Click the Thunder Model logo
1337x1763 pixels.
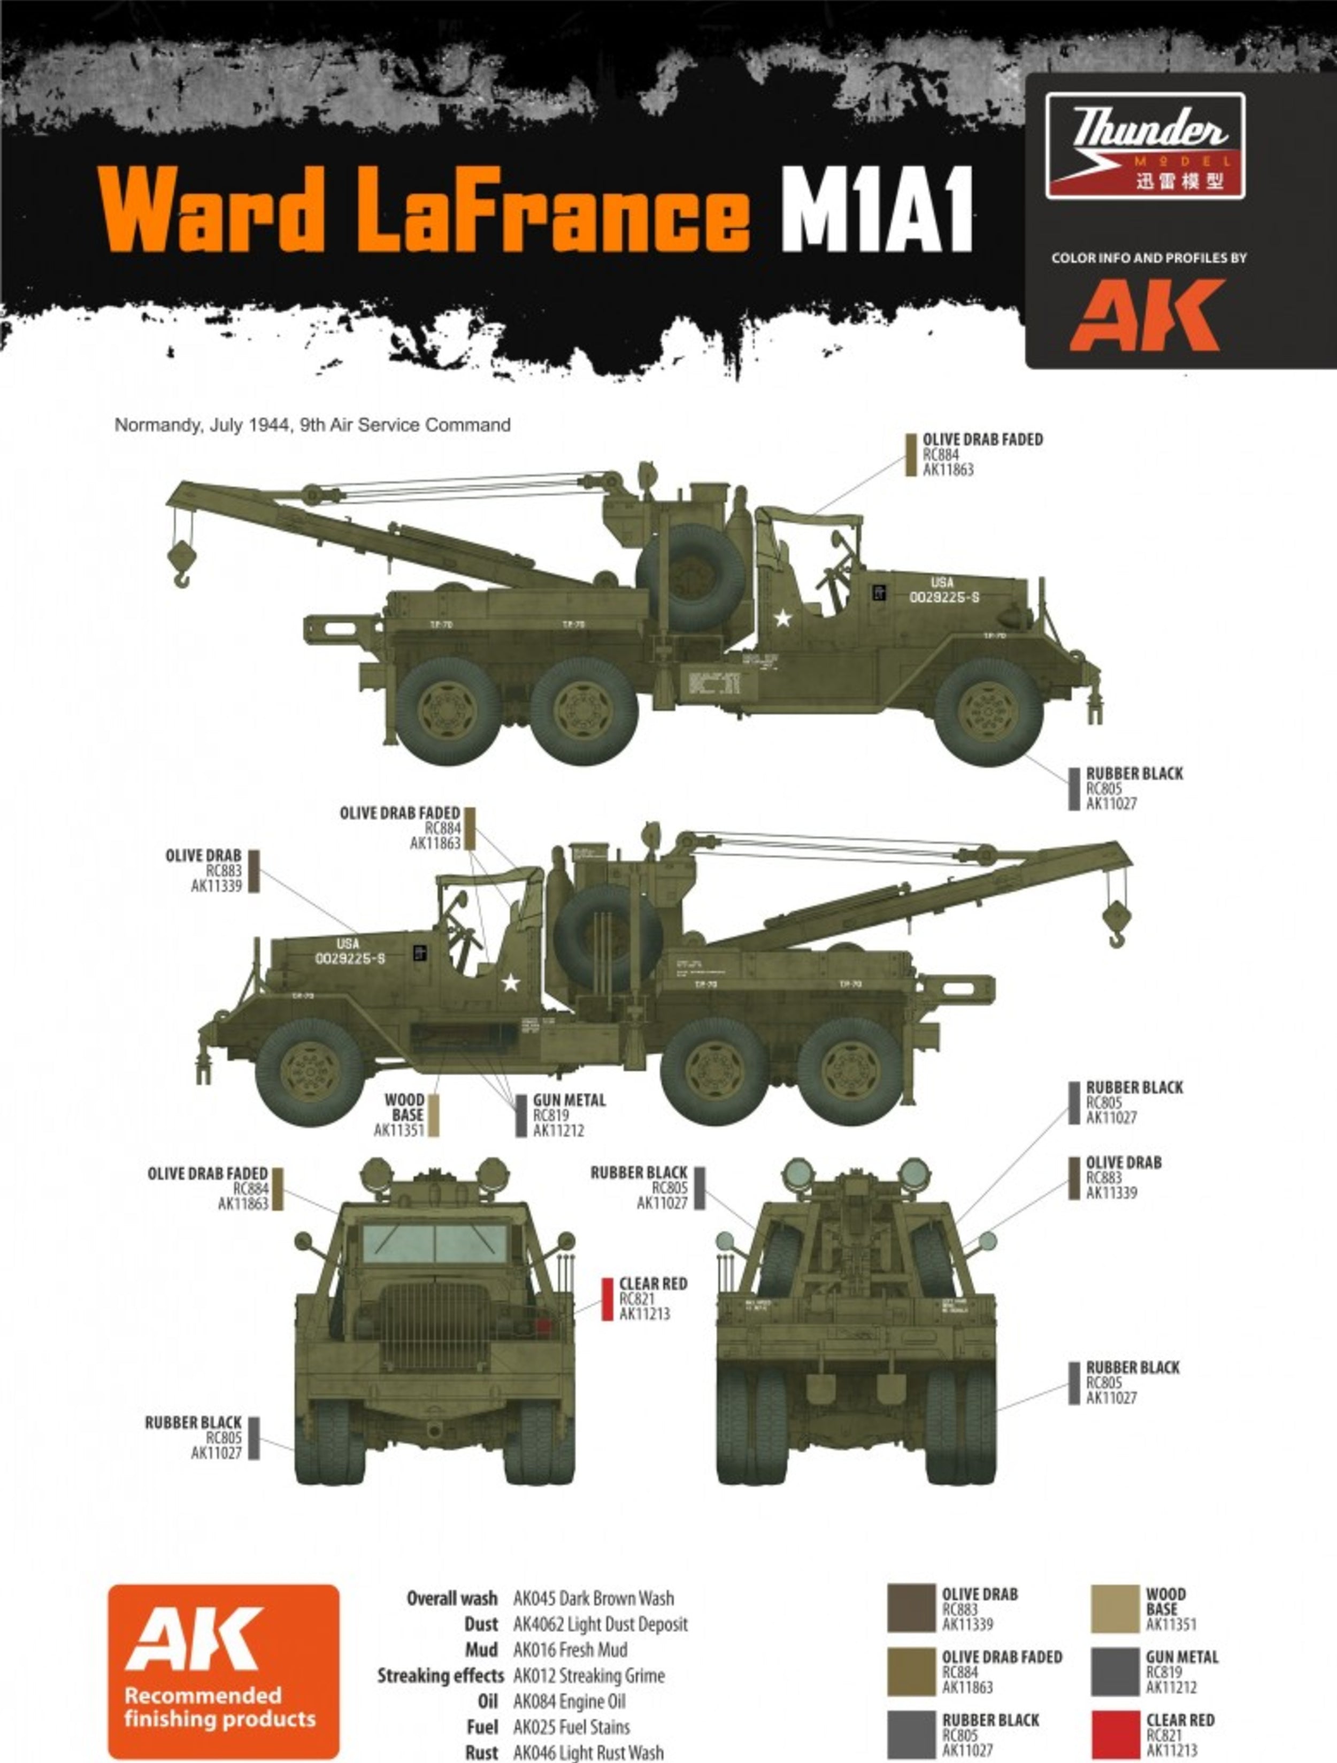click(x=1145, y=146)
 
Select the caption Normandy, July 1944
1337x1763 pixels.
click(x=312, y=425)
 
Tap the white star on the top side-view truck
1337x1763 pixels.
click(x=782, y=617)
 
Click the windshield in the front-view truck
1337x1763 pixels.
click(x=435, y=1242)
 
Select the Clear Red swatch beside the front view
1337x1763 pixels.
click(x=607, y=1299)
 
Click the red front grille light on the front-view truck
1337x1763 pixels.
click(x=545, y=1327)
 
